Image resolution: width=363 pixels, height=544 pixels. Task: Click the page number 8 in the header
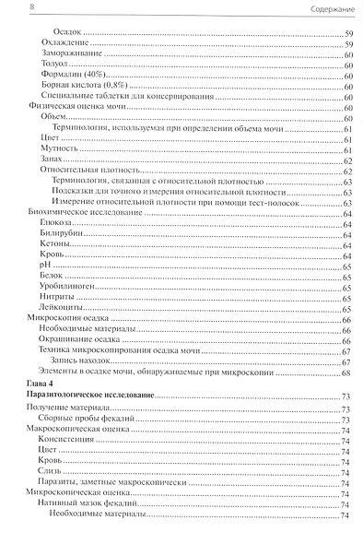[9, 9]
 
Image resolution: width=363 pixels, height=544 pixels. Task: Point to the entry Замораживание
[71, 55]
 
